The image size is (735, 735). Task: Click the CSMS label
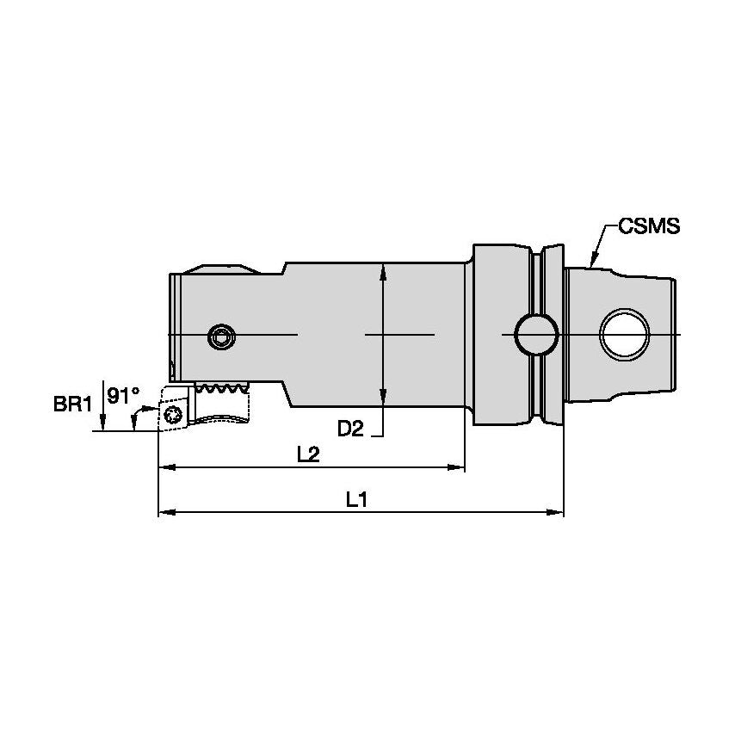coord(649,226)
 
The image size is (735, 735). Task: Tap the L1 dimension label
coord(356,500)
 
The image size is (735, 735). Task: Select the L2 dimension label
coord(308,454)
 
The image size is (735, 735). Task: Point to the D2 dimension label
coord(350,429)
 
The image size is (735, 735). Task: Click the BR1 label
coord(72,404)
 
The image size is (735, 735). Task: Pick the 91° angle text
coord(123,395)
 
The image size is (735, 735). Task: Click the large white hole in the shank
coord(624,335)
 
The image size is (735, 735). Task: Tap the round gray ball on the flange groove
coord(537,335)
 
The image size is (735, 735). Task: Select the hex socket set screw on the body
coord(221,337)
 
